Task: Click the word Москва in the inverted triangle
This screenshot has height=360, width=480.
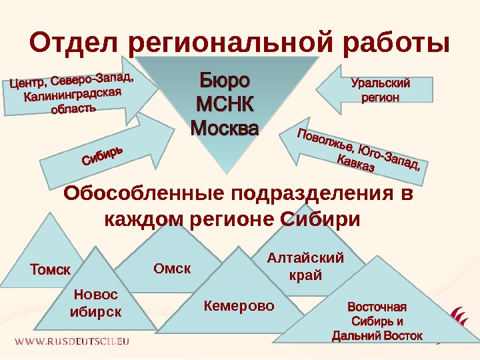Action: point(224,126)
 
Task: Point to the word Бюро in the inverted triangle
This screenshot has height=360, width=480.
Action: point(224,82)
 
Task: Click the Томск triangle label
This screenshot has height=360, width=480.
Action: point(51,270)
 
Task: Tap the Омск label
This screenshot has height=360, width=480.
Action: point(172,269)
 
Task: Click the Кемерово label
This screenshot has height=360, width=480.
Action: point(239,306)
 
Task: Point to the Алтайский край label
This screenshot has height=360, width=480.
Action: point(305,266)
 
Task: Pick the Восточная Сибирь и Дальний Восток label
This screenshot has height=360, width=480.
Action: point(377,322)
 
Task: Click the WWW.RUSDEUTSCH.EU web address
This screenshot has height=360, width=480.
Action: point(72,341)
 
